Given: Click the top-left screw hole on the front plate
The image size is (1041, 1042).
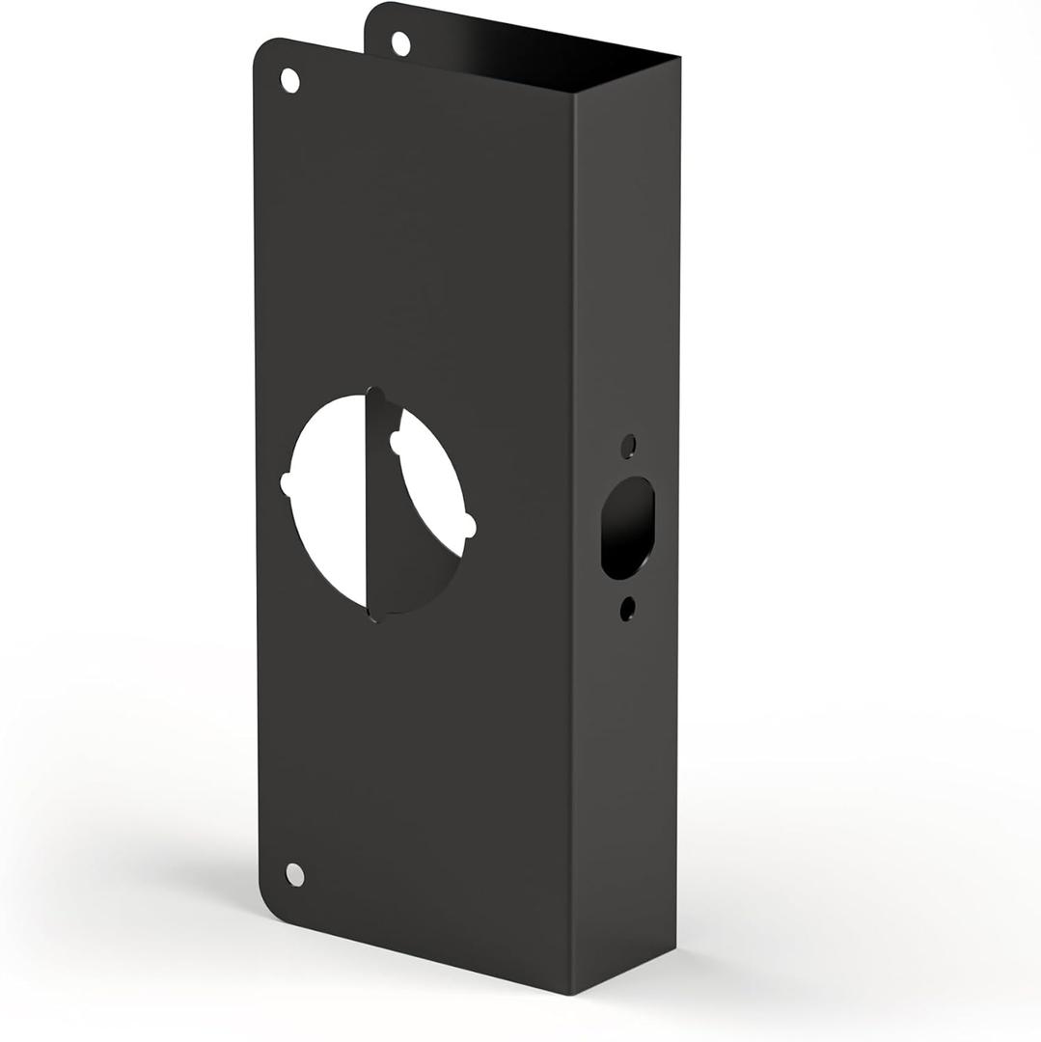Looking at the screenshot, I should pos(289,80).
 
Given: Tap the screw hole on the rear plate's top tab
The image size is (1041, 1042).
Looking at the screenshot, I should pos(401,42).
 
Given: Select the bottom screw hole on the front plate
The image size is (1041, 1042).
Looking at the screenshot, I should pos(295,875).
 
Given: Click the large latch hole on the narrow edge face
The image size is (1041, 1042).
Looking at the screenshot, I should pos(627,528).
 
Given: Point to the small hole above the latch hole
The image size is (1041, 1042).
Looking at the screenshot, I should pos(628,446).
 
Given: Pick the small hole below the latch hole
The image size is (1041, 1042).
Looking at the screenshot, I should pos(628,608).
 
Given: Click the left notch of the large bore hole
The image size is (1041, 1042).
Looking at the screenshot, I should pos(285,484).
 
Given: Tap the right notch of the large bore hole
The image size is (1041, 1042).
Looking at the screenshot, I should pos(470,526).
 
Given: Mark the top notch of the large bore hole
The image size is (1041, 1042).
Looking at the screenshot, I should pos(375,395).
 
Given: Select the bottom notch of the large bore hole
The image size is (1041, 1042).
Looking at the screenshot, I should pos(376,615).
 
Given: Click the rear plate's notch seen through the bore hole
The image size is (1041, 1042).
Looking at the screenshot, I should pos(394,442).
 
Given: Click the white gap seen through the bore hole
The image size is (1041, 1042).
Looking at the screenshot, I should pos(328,502).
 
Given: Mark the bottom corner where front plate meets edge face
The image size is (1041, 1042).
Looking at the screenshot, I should pos(571,993).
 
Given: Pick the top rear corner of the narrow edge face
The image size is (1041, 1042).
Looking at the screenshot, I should pos(679,58).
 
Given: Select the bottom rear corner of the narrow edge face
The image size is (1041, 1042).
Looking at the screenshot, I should pos(674,946).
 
